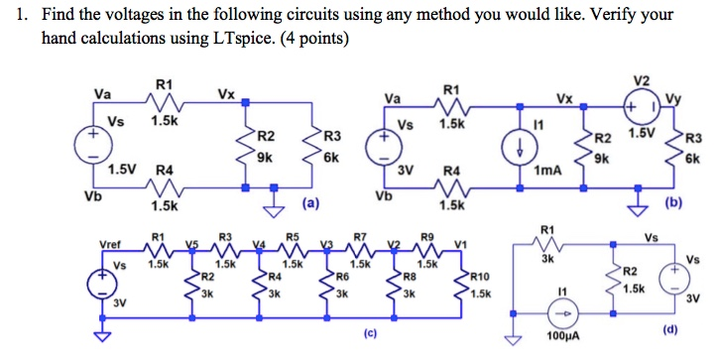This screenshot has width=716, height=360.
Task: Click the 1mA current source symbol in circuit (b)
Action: tap(522, 145)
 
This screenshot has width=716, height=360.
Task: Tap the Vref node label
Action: tap(108, 243)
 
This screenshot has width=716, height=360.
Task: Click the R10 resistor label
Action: tap(479, 277)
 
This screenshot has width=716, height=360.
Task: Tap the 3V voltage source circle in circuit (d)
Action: tap(672, 277)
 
